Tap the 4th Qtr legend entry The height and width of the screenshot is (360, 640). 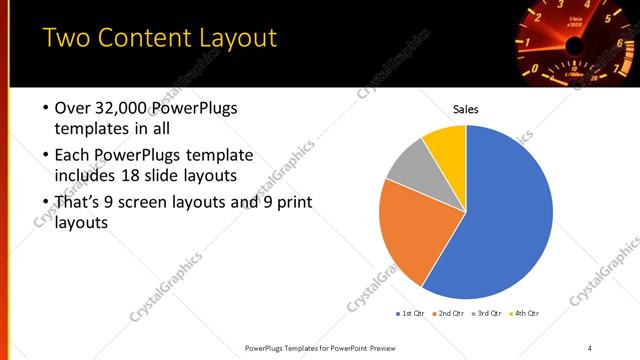click(x=526, y=313)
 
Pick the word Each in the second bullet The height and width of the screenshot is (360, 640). click(x=72, y=155)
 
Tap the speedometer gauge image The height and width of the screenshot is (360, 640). click(x=575, y=42)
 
